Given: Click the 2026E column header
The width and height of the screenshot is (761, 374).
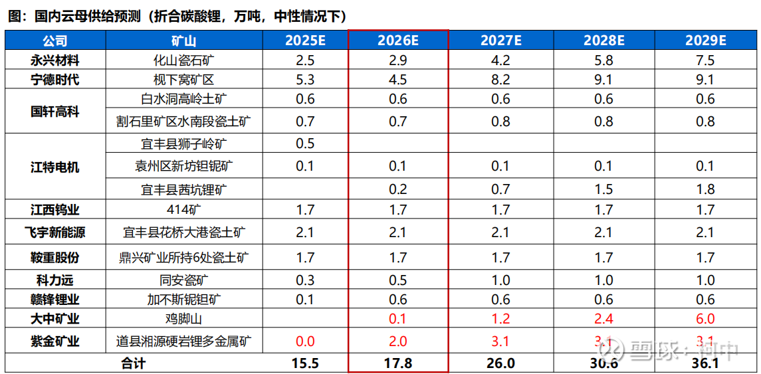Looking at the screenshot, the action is (397, 41).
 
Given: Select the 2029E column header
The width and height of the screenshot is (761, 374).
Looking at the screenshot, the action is (705, 41).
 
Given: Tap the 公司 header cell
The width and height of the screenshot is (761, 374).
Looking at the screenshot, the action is (55, 41).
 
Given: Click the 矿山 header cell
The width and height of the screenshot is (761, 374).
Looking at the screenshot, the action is (184, 41).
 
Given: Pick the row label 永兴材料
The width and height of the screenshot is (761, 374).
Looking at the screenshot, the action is (55, 60).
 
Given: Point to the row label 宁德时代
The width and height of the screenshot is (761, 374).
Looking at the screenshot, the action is (55, 80).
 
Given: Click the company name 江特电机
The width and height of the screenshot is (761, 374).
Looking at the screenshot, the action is (55, 167).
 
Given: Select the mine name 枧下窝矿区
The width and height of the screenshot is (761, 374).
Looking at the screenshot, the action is (184, 80).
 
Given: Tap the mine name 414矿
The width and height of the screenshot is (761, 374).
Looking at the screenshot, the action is (184, 210).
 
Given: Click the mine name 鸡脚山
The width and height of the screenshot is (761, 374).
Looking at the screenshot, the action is (184, 319).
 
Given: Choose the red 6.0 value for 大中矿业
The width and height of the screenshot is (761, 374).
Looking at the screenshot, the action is (705, 319).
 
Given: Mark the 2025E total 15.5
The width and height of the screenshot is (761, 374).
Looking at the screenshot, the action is (305, 363).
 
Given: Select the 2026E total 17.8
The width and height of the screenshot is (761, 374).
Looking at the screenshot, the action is (397, 363).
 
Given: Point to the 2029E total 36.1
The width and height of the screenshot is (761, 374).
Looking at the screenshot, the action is (705, 363).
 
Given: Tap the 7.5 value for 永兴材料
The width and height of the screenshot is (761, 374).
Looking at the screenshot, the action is (705, 60).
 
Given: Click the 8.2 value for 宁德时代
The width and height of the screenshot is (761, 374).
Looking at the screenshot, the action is (501, 80).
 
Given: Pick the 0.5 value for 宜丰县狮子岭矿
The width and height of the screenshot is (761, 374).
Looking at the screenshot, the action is (305, 143).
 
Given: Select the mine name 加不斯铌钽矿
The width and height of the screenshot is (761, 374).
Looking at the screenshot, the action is (184, 299).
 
